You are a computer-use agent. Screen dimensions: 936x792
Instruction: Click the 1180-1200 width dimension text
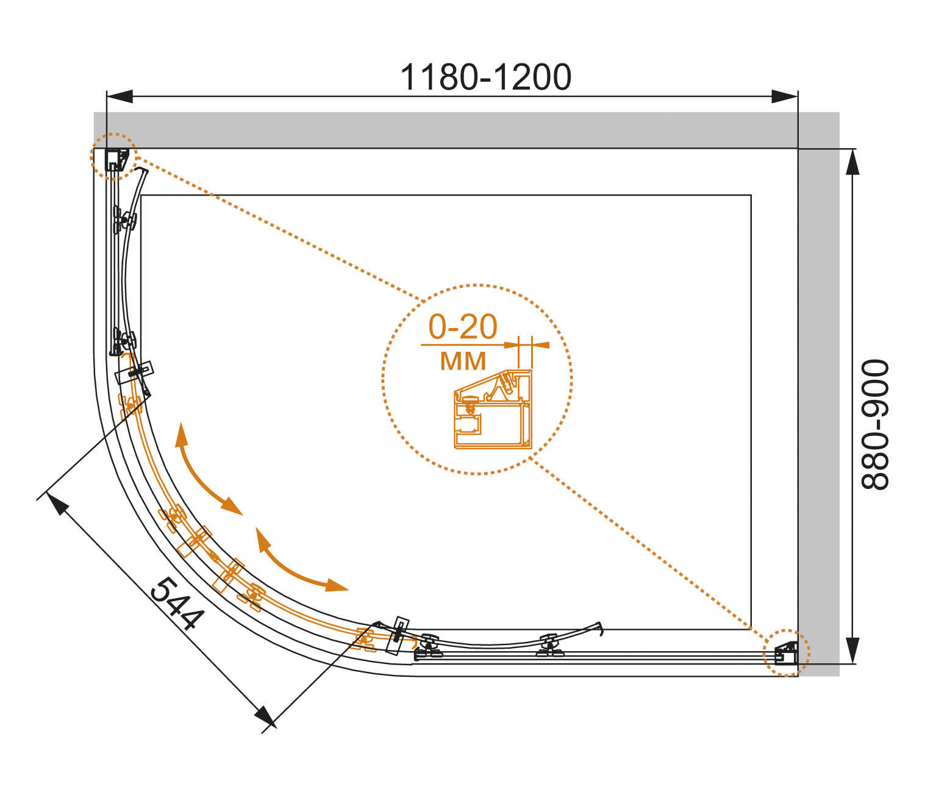(x=485, y=77)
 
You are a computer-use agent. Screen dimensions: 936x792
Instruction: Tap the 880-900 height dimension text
(x=875, y=425)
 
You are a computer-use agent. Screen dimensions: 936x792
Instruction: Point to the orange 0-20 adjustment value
(x=463, y=326)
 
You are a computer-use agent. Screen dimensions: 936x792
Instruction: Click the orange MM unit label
(x=463, y=362)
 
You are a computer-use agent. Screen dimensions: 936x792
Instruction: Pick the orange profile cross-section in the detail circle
(x=493, y=409)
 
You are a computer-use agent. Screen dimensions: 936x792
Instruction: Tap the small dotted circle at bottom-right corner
(x=787, y=652)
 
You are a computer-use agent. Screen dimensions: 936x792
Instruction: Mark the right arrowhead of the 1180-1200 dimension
(x=785, y=96)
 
